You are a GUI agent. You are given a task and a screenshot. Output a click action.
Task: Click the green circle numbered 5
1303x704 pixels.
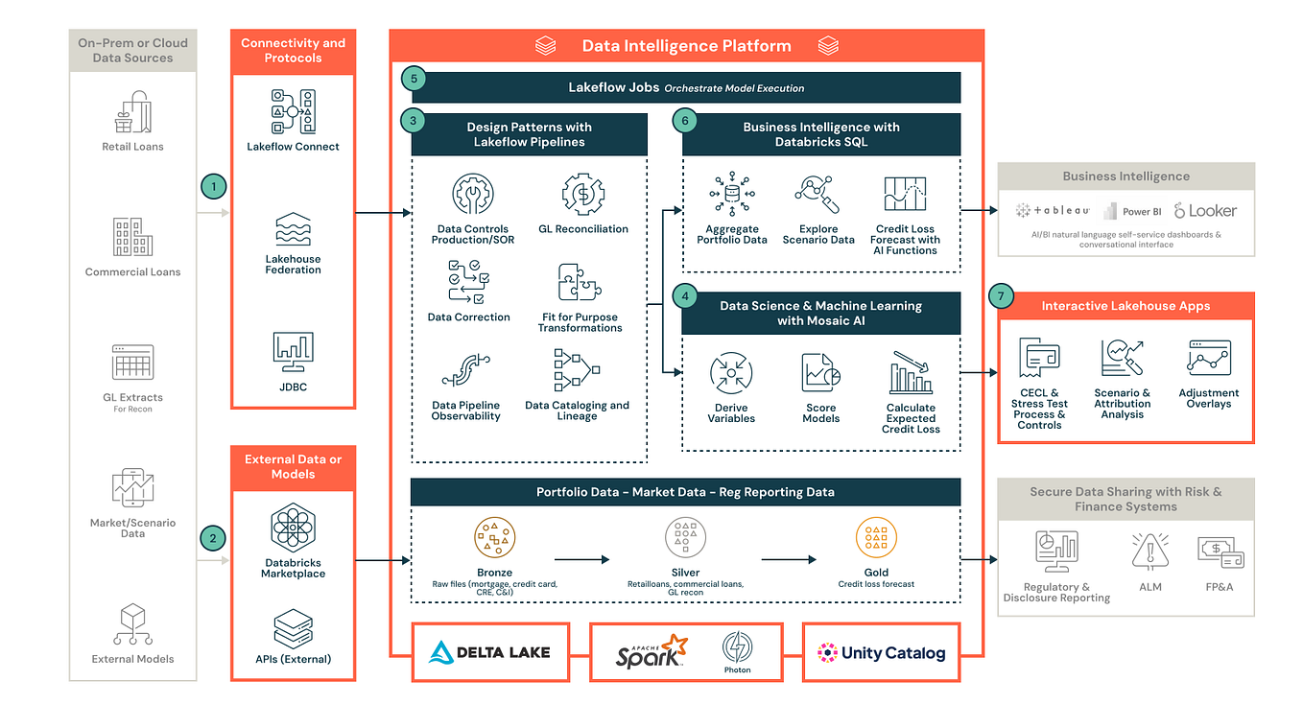click(414, 79)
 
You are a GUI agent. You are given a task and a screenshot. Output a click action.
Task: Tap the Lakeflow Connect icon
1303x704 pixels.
click(293, 111)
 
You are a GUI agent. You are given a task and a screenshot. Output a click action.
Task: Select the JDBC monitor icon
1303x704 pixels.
click(293, 352)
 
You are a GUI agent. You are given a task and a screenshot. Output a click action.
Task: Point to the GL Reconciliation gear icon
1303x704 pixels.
click(582, 195)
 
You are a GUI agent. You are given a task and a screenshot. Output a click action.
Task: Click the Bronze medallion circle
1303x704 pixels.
click(494, 538)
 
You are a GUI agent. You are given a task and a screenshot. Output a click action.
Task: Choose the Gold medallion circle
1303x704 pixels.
click(875, 538)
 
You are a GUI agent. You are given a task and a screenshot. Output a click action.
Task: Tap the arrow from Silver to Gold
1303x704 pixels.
click(789, 558)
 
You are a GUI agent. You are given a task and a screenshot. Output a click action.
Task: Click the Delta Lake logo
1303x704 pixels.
click(490, 652)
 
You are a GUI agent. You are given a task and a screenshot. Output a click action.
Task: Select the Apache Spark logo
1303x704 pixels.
click(651, 651)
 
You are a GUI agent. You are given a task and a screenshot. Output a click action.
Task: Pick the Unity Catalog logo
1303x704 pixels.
click(881, 653)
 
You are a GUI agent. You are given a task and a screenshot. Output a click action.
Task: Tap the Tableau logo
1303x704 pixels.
click(1053, 211)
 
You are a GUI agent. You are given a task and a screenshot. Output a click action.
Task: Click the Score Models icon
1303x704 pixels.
click(820, 373)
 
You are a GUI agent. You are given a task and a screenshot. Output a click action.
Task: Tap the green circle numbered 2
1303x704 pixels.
click(213, 538)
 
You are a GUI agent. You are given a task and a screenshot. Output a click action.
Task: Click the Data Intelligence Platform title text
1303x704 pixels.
click(686, 45)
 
